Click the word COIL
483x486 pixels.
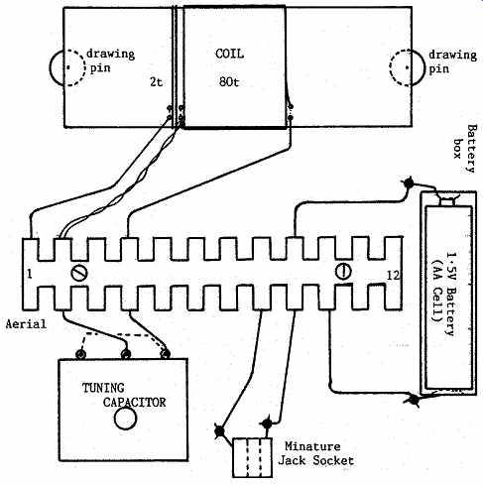click(x=229, y=54)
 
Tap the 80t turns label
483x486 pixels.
click(x=229, y=81)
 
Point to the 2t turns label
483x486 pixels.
click(x=156, y=81)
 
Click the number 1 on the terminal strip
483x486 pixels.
click(x=30, y=275)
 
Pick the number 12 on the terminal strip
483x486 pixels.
click(x=393, y=275)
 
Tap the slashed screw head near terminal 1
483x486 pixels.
click(x=79, y=273)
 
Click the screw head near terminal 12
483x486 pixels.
click(x=343, y=272)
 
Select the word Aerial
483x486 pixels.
click(x=26, y=323)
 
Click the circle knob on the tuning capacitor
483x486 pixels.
click(x=125, y=419)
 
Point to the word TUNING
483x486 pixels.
click(x=103, y=388)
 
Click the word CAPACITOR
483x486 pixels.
click(x=134, y=402)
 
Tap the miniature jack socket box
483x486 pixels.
click(x=253, y=457)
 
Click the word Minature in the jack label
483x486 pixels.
click(x=312, y=446)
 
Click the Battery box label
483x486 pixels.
click(x=465, y=149)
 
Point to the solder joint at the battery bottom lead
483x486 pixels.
click(x=413, y=399)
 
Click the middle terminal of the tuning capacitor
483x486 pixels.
click(x=125, y=354)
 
